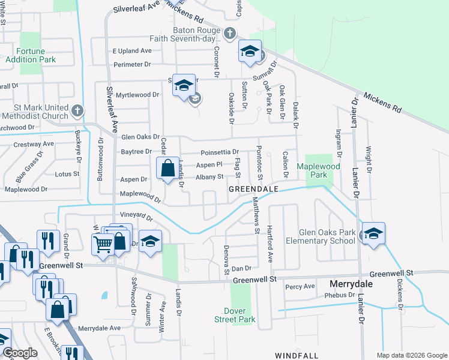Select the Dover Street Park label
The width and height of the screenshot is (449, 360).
tap(240, 315)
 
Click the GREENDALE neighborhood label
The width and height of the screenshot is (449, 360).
tap(253, 189)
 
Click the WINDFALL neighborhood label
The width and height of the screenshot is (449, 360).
tap(297, 356)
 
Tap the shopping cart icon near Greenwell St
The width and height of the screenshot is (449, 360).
tap(103, 244)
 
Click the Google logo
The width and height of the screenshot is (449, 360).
tap(20, 353)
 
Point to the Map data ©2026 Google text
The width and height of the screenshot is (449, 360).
tap(411, 355)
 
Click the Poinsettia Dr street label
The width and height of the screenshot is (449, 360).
tap(220, 152)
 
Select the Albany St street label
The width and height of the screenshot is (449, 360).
tap(211, 177)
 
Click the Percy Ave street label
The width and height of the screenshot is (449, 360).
tap(300, 287)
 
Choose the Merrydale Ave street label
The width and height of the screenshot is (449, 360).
tap(100, 328)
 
